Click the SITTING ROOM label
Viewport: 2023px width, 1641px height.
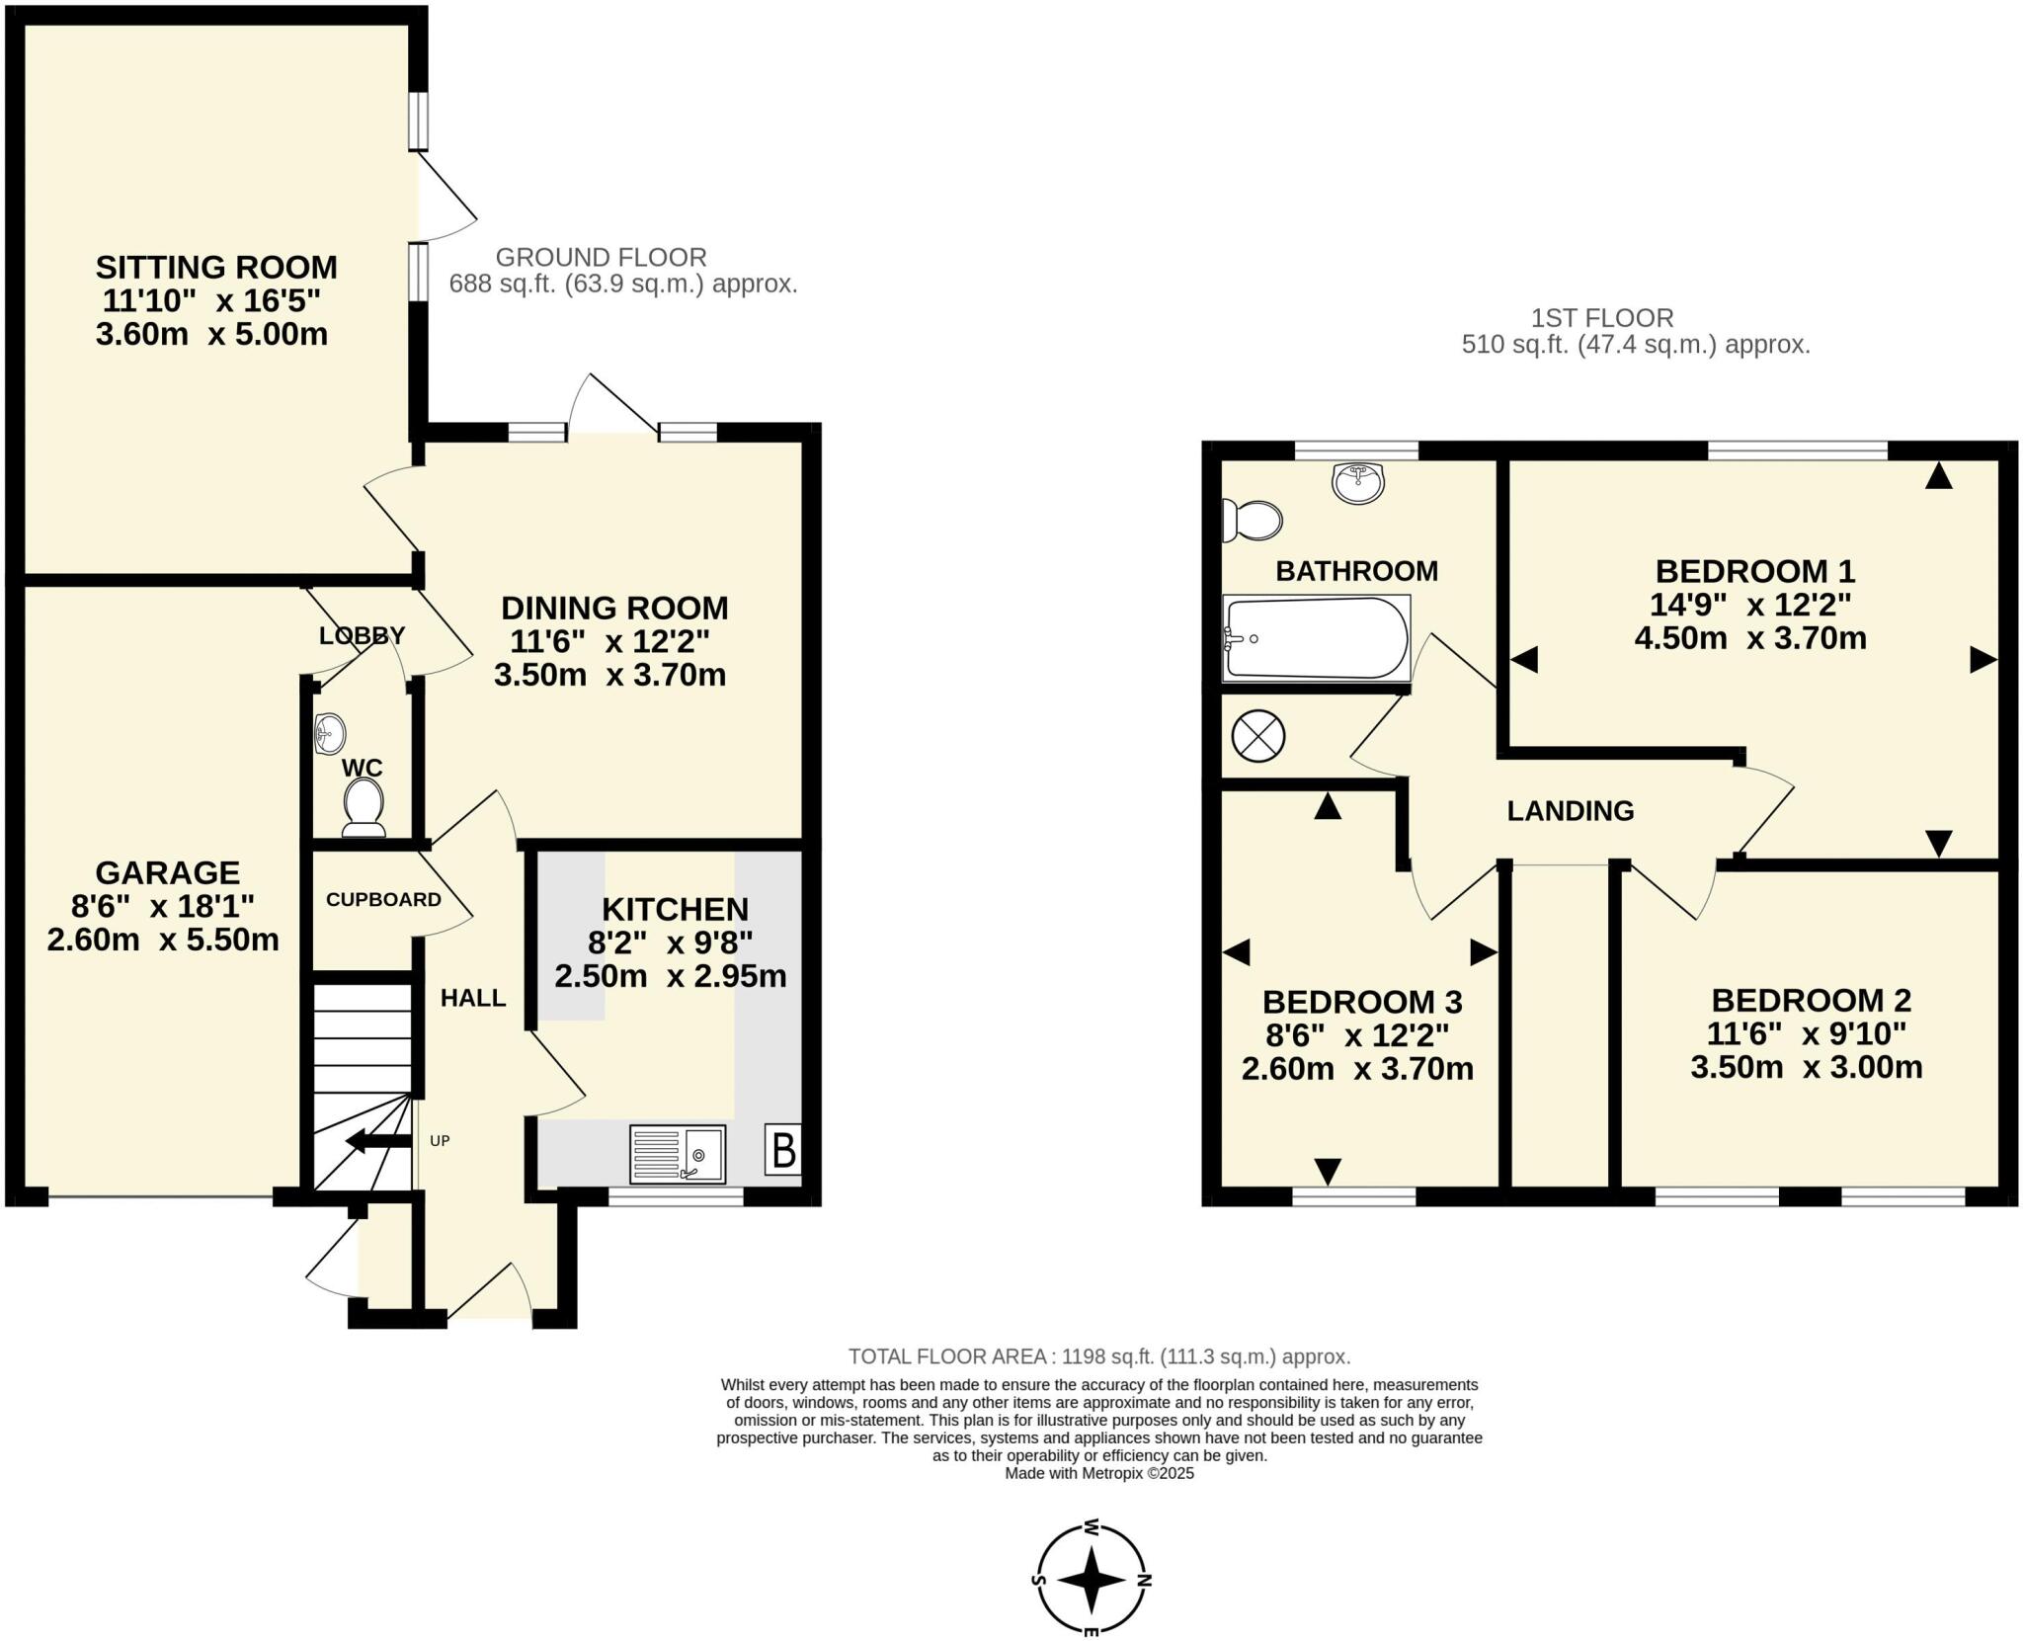(216, 267)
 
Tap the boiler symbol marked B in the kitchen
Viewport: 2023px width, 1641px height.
(782, 1150)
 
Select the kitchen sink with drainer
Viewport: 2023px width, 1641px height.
(678, 1154)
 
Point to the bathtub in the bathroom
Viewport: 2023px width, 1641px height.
(1316, 638)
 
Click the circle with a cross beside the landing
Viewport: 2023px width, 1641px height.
(1257, 736)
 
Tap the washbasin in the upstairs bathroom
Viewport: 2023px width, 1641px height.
(1358, 483)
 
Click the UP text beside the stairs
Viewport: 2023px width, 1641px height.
(440, 1141)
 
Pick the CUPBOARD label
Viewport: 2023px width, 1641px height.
(383, 900)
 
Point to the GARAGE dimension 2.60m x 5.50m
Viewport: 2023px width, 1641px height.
(163, 940)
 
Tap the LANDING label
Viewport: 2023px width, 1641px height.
(1570, 811)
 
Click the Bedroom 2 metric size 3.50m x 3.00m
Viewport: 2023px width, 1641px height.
(1806, 1067)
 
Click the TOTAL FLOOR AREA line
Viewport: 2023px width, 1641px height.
(1098, 1356)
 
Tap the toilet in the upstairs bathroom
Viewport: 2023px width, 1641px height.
(1252, 520)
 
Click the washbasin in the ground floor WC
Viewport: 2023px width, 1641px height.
(330, 734)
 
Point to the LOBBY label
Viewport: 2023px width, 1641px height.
(362, 636)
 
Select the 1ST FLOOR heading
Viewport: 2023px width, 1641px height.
(1601, 318)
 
